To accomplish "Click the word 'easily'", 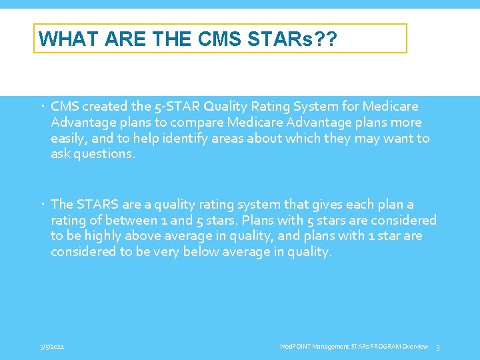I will (69, 139).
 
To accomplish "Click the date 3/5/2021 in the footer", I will (51, 347).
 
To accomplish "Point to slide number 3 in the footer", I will (437, 347).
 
